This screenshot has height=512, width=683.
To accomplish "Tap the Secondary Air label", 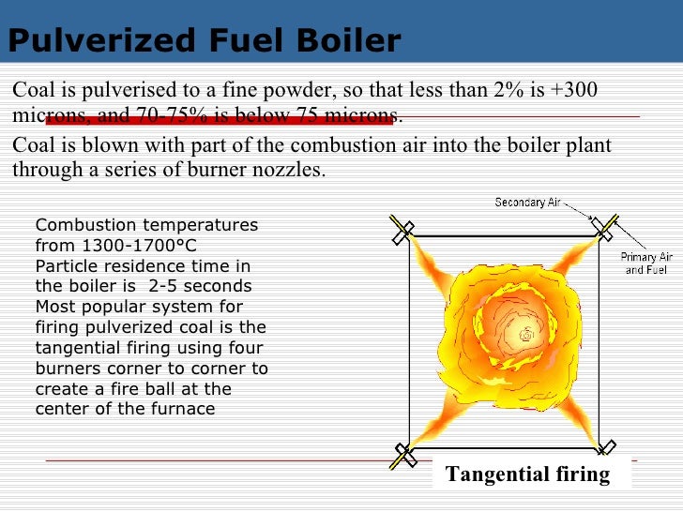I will click(529, 203).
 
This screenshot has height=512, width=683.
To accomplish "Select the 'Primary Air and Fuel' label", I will click(646, 264).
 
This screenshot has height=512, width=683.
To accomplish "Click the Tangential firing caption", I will click(528, 474).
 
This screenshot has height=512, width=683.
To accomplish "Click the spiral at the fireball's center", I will click(526, 334).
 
